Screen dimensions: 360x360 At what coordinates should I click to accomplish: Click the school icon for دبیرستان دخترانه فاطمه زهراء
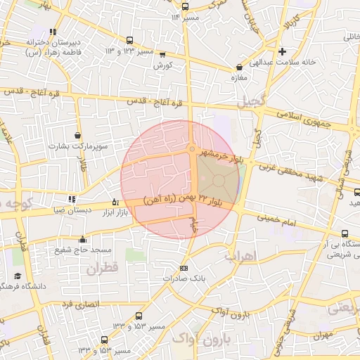coord(53,32)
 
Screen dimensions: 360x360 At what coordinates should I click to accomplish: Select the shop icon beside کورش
coord(163,54)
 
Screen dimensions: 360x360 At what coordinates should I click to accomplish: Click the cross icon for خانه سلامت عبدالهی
coord(283,51)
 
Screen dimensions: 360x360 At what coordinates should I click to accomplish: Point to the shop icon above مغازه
coord(239,67)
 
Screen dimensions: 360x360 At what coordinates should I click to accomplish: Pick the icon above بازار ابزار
coord(115,202)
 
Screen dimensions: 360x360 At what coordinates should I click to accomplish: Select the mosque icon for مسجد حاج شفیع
coord(83,238)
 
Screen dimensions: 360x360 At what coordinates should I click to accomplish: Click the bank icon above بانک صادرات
coord(184,268)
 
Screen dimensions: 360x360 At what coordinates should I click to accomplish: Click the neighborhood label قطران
coord(101,268)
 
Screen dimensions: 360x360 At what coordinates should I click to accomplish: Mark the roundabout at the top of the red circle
coord(191,148)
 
